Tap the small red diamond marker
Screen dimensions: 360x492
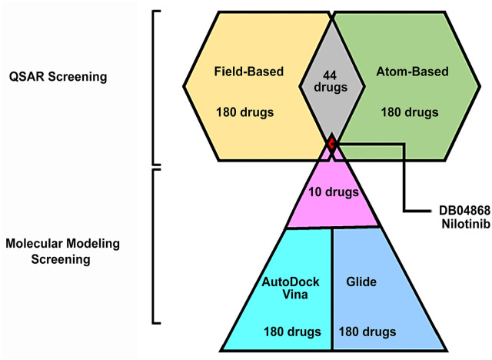(x=331, y=143)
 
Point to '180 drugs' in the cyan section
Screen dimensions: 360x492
(x=291, y=332)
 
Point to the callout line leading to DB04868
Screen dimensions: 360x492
(x=405, y=177)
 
